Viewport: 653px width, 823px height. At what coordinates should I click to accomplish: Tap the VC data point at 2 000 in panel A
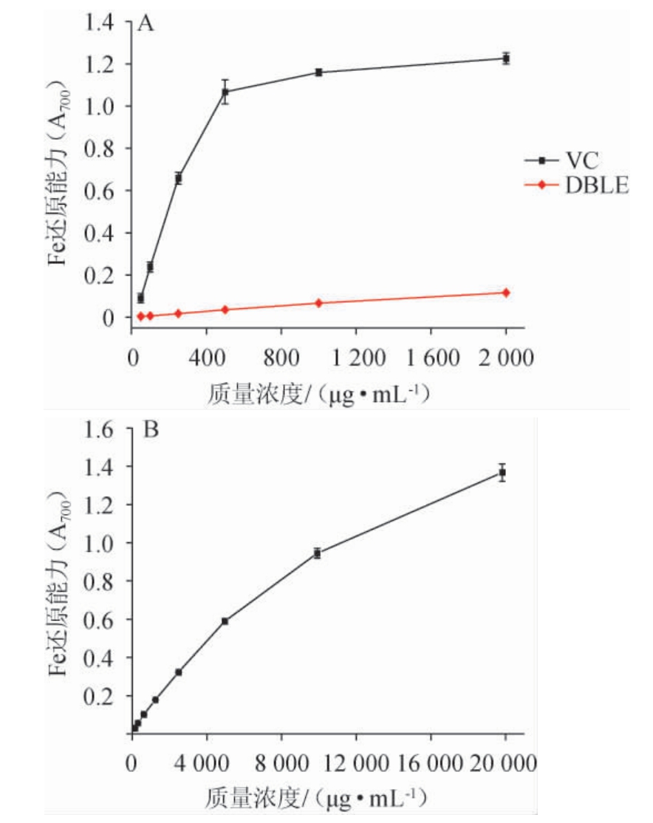(x=506, y=58)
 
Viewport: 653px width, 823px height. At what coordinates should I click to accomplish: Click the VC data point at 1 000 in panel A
(x=319, y=72)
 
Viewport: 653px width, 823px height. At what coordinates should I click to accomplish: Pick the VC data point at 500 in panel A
(x=225, y=92)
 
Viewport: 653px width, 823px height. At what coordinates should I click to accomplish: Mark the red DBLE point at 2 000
(x=506, y=293)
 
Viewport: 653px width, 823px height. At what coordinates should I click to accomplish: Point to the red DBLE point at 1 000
(x=319, y=303)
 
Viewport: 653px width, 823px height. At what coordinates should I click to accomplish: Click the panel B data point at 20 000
(x=502, y=472)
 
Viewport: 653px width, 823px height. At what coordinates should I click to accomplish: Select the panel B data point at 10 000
(x=317, y=553)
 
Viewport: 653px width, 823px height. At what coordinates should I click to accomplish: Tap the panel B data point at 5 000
(x=225, y=621)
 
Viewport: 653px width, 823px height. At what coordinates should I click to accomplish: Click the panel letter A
(x=146, y=24)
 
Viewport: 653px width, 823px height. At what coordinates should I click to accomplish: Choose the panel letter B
(x=151, y=430)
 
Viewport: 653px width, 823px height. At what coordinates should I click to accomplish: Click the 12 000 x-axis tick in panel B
(x=355, y=764)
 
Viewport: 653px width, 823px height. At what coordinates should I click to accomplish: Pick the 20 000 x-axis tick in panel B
(x=505, y=764)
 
